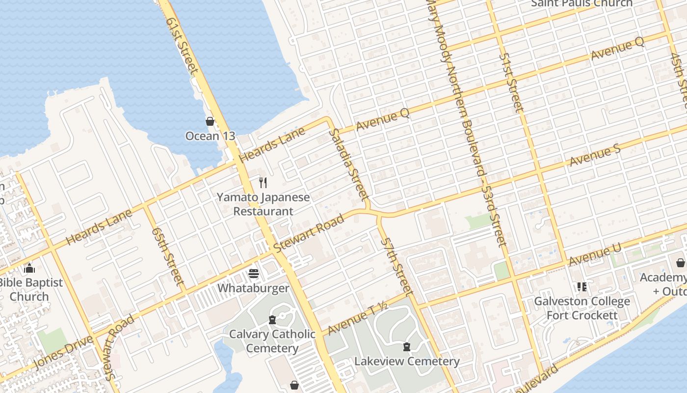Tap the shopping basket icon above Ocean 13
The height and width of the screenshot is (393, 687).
pos(210,121)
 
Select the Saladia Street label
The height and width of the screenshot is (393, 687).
pos(348,165)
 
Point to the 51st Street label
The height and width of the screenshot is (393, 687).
pos(512,82)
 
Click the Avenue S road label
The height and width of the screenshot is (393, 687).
pos(595,155)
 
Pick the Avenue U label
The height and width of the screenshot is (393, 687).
pos(595,254)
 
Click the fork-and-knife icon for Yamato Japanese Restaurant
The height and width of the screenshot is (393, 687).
pos(263,183)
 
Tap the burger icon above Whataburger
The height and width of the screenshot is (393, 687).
pos(254,273)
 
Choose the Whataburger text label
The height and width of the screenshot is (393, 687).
pos(254,288)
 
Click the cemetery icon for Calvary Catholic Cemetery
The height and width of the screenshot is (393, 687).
pos(272,320)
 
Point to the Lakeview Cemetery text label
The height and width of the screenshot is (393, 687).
pos(407,362)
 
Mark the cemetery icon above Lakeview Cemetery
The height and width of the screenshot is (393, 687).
pos(407,347)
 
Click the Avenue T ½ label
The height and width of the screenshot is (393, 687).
pos(358,319)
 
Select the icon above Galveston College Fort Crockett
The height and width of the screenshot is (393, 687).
pos(582,286)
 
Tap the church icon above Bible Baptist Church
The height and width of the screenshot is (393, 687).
pos(29,268)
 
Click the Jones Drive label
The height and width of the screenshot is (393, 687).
pos(64,352)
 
